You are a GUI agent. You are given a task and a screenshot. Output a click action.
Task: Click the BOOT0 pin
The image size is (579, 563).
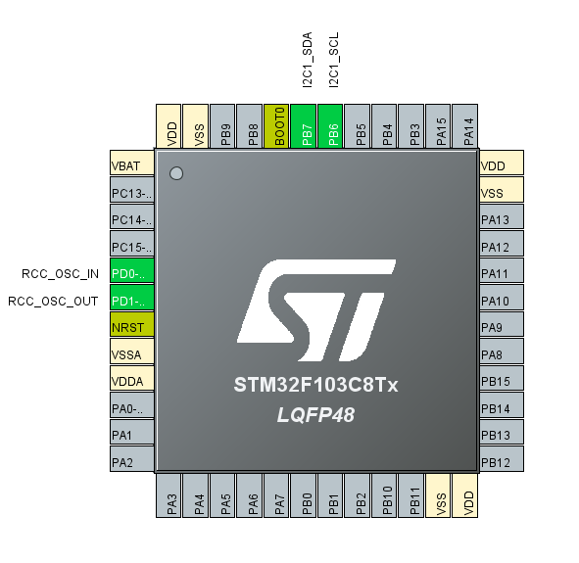[276, 126]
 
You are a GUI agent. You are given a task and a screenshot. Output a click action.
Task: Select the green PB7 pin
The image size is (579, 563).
[303, 126]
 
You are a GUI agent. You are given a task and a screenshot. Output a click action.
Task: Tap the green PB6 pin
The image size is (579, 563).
[330, 126]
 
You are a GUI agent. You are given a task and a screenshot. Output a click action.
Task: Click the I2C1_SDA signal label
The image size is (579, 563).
[308, 60]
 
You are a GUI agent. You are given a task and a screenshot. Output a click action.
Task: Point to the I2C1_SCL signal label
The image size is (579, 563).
[334, 60]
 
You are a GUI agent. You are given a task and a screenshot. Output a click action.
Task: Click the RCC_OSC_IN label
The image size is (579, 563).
[60, 274]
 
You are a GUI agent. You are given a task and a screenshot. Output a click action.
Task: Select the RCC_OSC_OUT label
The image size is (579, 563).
[53, 302]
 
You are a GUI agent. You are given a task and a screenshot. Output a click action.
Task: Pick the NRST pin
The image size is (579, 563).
[132, 324]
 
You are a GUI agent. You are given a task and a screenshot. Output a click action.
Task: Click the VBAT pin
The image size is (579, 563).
[132, 163]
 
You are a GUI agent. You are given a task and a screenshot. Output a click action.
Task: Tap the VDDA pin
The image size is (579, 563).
[132, 378]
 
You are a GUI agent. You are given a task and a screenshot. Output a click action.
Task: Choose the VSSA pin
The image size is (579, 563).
[132, 352]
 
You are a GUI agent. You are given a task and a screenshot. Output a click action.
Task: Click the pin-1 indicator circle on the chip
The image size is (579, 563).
[176, 173]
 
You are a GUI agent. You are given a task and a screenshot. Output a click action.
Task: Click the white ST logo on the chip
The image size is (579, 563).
[316, 310]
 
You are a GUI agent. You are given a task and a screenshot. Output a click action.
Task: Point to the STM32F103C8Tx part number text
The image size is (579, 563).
[316, 385]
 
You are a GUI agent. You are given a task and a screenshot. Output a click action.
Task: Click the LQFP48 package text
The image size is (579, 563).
[316, 415]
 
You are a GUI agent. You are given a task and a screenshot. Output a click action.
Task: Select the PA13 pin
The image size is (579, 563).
[502, 216]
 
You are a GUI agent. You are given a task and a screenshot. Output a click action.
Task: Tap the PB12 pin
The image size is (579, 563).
[502, 459]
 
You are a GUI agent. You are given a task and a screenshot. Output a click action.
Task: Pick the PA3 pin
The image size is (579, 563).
[169, 495]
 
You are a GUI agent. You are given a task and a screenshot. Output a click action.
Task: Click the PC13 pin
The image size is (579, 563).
[132, 190]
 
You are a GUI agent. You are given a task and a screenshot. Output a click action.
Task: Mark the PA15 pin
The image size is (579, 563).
[438, 126]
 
